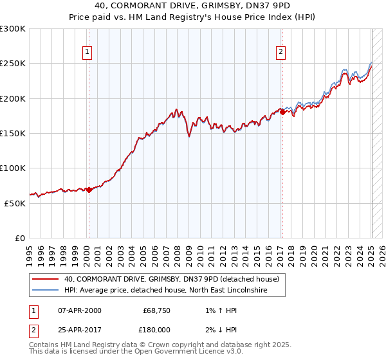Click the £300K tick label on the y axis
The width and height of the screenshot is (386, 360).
13,29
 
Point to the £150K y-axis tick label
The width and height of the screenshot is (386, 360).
13,133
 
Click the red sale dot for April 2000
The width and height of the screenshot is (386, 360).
89,190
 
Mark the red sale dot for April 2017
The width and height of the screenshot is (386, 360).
282,113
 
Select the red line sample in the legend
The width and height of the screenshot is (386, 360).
46,279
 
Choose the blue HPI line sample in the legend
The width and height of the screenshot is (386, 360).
46,291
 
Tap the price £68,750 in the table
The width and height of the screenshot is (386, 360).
156,311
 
